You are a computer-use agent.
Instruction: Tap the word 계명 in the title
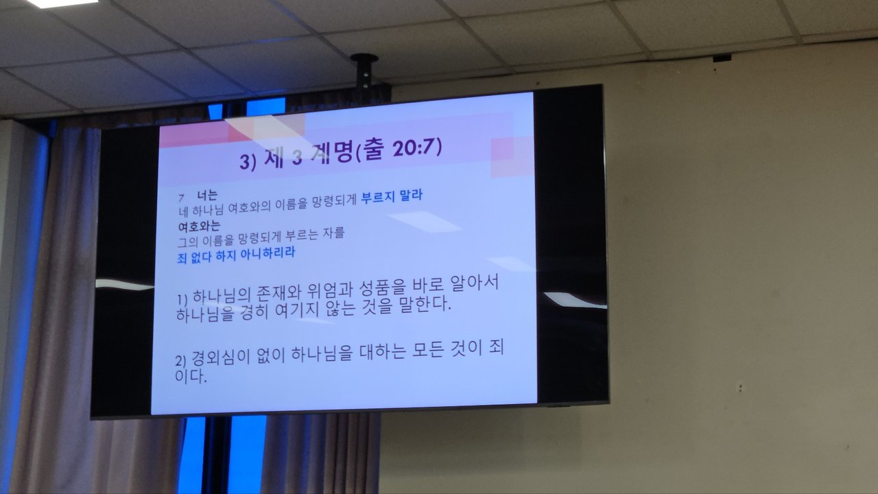(x=331, y=154)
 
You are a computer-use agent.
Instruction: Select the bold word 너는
(x=207, y=196)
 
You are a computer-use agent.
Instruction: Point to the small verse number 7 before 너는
(x=181, y=198)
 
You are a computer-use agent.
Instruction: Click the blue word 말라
(x=411, y=195)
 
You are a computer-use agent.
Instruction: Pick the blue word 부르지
(x=378, y=196)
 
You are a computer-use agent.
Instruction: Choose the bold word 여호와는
(x=199, y=226)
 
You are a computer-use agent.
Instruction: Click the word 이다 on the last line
(x=191, y=376)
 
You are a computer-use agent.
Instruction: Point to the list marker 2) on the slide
(x=180, y=360)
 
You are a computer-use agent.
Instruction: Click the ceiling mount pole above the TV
(x=364, y=71)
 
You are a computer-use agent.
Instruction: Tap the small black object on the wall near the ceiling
(x=722, y=58)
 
